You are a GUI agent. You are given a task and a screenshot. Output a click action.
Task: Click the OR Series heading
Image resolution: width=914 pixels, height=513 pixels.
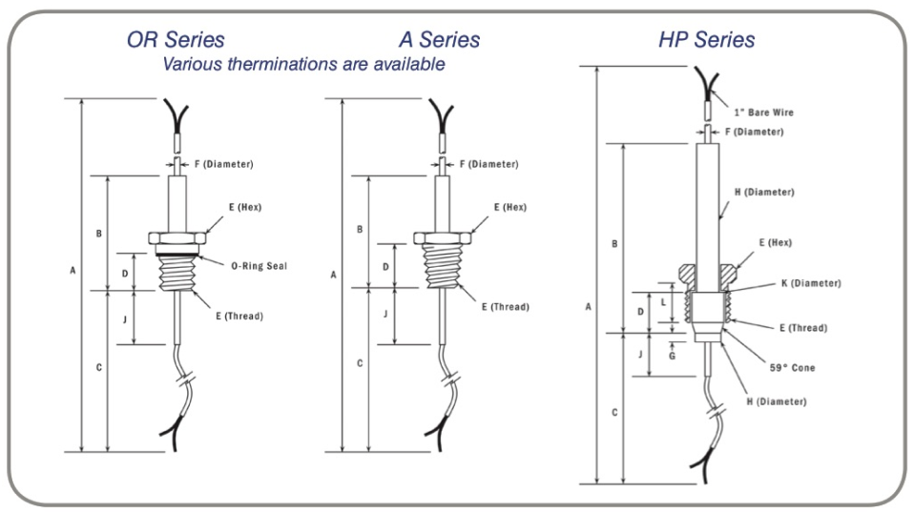coord(176,40)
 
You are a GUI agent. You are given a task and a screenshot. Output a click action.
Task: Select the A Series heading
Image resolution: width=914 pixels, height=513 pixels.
coord(439,40)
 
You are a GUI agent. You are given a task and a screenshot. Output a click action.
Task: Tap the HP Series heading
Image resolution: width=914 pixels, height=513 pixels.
coord(706,40)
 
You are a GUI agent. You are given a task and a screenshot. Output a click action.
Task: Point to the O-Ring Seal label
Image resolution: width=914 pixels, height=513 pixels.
coord(259,266)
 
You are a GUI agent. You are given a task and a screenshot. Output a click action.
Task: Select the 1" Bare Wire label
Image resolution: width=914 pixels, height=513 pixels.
coord(763,113)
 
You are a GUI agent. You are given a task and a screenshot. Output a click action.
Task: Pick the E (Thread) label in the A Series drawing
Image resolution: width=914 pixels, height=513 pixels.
coord(505,307)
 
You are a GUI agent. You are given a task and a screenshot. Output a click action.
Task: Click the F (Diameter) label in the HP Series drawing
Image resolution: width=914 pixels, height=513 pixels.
coord(754,132)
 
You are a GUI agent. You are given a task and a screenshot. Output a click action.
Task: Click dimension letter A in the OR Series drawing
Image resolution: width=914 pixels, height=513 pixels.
coord(73,271)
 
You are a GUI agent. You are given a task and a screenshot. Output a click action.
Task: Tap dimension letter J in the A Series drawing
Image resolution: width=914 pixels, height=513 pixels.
coord(385,314)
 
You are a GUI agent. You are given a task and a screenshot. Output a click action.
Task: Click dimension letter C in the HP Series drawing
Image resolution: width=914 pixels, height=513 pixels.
coord(614,412)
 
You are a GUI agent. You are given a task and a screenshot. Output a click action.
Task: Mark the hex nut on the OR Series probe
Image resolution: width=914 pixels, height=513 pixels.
coord(176,237)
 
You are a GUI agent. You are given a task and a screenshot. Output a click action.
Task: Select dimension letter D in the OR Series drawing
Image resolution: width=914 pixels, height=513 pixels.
coord(125,272)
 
